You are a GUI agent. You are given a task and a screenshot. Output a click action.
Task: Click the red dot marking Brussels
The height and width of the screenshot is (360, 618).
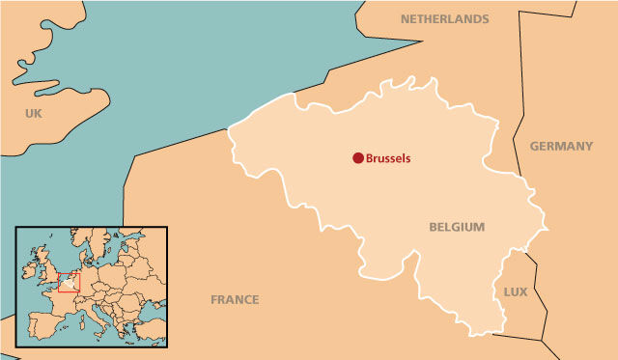click(x=357, y=157)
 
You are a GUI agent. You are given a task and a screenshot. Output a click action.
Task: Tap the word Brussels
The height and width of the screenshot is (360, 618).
click(x=394, y=157)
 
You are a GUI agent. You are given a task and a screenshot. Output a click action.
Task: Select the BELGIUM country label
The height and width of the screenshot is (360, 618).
click(x=457, y=227)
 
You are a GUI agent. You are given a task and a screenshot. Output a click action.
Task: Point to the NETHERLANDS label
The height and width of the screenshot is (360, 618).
click(x=444, y=18)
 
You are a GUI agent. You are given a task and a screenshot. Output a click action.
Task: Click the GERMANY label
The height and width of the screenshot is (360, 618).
click(x=561, y=146)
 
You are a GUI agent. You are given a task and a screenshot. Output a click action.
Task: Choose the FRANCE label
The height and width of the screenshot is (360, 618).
click(x=235, y=299)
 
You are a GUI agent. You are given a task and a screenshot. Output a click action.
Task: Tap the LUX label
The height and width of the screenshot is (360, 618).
click(x=516, y=291)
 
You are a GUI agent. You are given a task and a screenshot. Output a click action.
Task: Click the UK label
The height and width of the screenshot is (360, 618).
click(x=35, y=114)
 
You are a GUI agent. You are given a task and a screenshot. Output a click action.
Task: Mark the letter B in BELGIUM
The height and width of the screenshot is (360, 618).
click(x=433, y=227)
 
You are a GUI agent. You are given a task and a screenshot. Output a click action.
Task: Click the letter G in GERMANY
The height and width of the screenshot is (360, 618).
click(x=534, y=146)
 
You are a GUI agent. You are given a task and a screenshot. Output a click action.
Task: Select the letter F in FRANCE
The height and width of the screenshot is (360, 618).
click(x=214, y=299)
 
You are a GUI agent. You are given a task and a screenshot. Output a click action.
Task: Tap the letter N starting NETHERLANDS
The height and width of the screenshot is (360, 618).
click(x=405, y=18)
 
